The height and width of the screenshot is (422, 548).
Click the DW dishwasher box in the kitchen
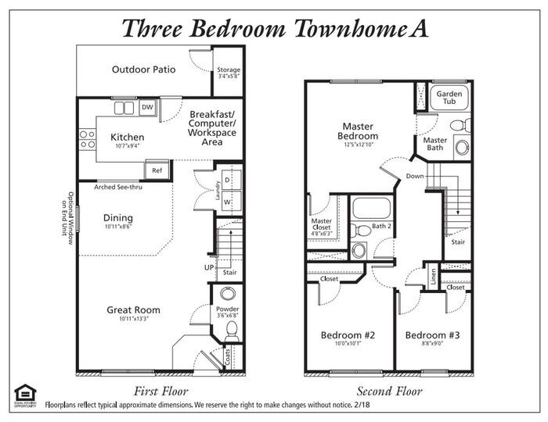147,108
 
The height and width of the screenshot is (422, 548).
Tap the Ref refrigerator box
157,170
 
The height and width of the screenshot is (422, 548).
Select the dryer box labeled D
227,180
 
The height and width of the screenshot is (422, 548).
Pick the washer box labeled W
227,201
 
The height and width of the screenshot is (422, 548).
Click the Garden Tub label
449,97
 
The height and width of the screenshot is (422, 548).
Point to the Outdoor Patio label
143,70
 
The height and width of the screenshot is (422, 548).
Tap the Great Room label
133,310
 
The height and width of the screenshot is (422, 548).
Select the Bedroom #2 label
348,335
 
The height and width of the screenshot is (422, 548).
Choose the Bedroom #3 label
432,335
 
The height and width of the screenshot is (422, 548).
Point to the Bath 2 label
381,226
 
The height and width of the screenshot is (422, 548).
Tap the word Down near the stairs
415,176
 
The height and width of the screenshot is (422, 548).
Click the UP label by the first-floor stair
210,267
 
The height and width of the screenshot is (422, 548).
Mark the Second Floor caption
388,391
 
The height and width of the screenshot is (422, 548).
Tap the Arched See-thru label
120,188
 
